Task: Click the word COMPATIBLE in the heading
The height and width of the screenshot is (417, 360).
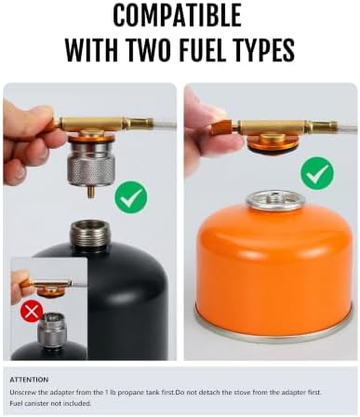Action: point(177,16)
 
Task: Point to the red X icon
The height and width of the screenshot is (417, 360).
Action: point(32,312)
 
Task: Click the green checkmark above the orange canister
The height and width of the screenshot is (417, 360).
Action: point(317,171)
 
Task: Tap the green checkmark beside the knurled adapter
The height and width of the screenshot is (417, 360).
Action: point(131,198)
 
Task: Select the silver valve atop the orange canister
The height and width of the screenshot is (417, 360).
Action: point(273,200)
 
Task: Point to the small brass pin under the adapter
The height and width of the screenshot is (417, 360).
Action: point(90,193)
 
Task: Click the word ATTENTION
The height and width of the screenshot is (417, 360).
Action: point(29,380)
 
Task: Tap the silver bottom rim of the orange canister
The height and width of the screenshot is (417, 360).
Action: point(273,332)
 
